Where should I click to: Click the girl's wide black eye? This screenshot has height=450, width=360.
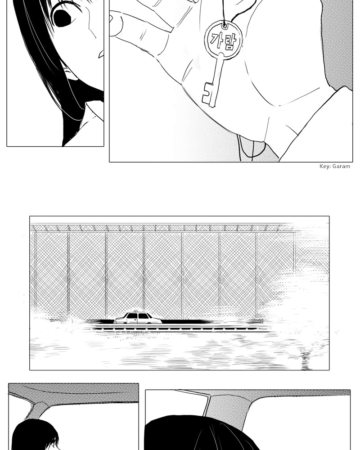coord(62,16)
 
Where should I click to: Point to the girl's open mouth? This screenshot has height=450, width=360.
coord(101,54)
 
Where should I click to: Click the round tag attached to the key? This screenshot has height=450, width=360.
coord(224,40)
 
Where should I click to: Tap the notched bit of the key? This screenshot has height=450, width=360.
coord(209,94)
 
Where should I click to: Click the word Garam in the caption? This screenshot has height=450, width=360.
coord(341,166)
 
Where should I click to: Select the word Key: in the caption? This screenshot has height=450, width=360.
coord(325,166)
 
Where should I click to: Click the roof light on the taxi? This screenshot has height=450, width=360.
coord(136,311)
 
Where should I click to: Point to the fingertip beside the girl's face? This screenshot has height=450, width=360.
coord(115,24)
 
